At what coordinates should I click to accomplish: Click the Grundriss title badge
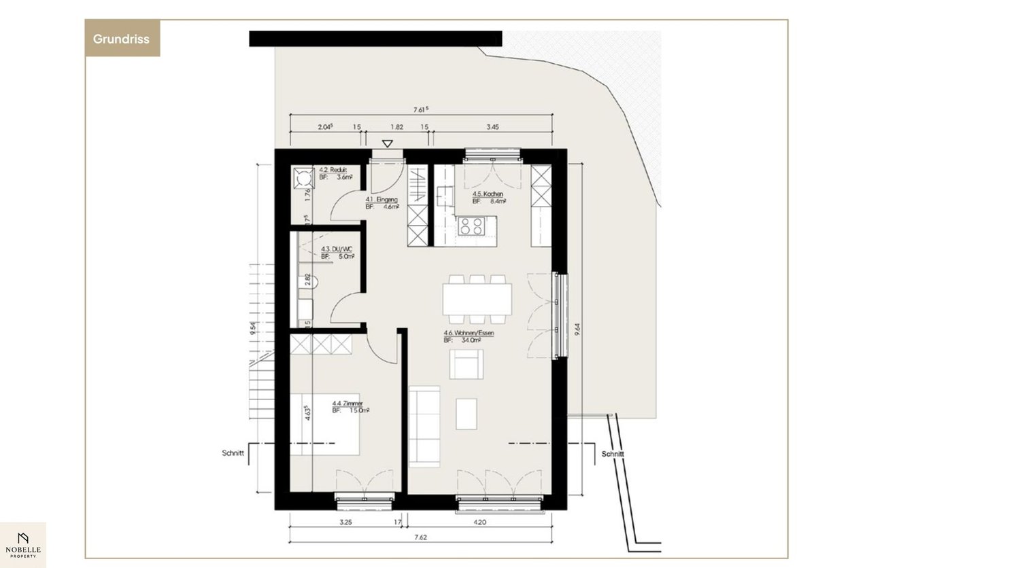pos(122,39)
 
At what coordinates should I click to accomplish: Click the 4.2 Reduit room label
pos(334,173)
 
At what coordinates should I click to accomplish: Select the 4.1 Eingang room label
pos(381,202)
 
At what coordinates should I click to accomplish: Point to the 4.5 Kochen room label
pos(488,197)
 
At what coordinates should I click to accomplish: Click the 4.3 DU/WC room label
pos(337,253)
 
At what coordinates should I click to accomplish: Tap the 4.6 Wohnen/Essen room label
pos(468,336)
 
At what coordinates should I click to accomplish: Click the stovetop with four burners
pos(470,226)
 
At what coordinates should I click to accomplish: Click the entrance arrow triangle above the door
pos(387,143)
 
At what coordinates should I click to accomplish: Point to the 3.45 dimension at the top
pos(493,127)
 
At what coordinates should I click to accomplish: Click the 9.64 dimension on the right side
pos(577,330)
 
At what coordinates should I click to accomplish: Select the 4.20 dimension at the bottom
pos(479,522)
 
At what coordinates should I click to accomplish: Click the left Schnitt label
pos(233,452)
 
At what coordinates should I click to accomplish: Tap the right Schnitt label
pos(613,454)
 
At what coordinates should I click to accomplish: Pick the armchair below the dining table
pos(466,364)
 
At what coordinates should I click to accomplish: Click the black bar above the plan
pos(375,39)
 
